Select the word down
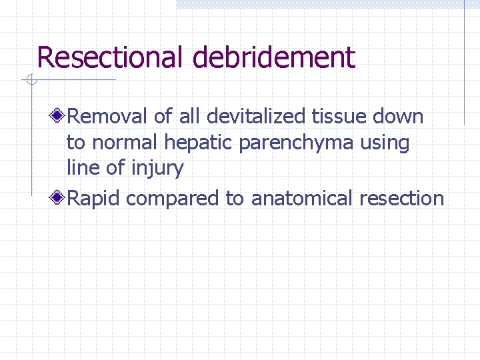point(398,117)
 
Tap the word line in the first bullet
point(81,167)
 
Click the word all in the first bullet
point(189,117)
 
